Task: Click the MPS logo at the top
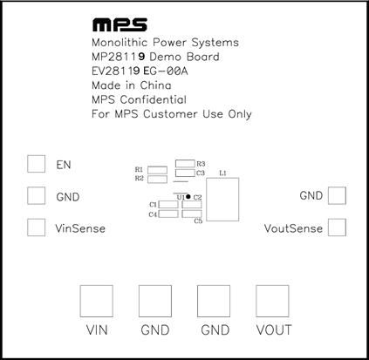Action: [x=120, y=25]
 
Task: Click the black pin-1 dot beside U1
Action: [x=188, y=197]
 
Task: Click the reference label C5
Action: [x=198, y=221]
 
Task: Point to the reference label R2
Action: [x=140, y=178]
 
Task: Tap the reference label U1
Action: [x=181, y=197]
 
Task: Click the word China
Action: [x=156, y=85]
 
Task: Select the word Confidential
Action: [x=154, y=99]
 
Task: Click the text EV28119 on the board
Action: [x=116, y=71]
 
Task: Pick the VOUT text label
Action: [x=274, y=330]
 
